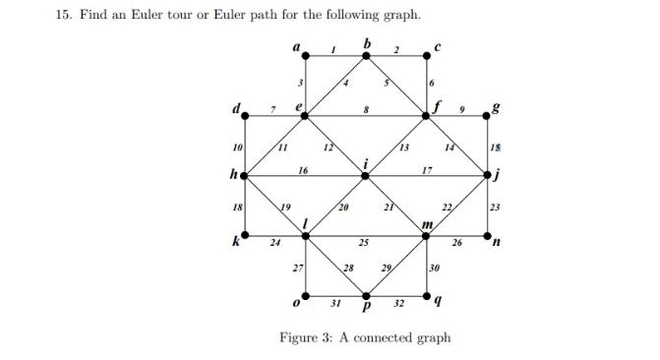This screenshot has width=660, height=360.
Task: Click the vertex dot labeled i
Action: tap(366, 176)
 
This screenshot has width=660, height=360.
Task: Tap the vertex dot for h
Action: tap(244, 176)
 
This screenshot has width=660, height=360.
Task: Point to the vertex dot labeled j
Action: tap(488, 176)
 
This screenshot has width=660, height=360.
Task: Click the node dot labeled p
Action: tap(366, 295)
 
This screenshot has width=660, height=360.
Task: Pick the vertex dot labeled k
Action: tap(244, 235)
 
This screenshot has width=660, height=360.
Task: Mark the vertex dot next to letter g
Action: tap(488, 116)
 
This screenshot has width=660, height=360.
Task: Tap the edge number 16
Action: tap(303, 170)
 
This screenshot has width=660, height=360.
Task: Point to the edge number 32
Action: tap(398, 304)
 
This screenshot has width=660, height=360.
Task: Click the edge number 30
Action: tap(435, 267)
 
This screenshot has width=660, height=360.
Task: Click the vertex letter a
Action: tap(295, 45)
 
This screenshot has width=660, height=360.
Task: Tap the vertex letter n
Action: tap(497, 243)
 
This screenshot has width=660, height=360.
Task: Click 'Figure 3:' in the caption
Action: tap(307, 337)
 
